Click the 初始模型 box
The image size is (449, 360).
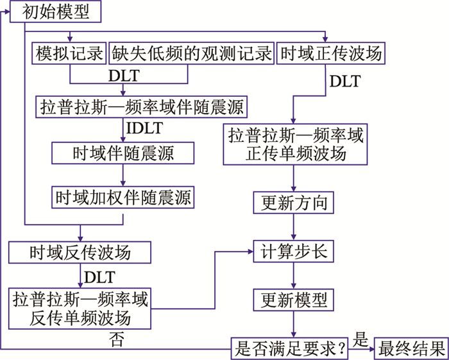(x=57, y=11)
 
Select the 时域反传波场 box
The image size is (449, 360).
(x=80, y=252)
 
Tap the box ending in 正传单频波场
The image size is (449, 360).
(x=296, y=145)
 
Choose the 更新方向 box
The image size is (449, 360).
(x=294, y=203)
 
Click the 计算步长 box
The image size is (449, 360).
(x=294, y=252)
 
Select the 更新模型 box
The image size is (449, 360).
(x=294, y=299)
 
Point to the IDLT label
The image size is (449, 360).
(x=144, y=128)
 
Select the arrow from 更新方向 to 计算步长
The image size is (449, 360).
(x=294, y=227)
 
